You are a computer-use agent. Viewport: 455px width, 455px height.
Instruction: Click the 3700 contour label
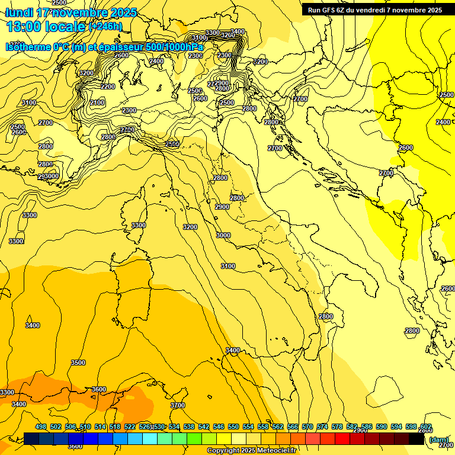[x=178, y=405]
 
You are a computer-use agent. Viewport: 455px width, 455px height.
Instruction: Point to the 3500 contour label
[x=78, y=363]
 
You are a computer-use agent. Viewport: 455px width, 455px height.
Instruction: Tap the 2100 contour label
[x=98, y=102]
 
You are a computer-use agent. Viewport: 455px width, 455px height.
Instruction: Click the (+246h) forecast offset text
[x=105, y=26]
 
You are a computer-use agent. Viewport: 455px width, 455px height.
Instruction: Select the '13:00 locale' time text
[x=46, y=26]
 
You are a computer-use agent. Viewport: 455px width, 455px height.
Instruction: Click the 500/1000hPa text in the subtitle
[x=175, y=47]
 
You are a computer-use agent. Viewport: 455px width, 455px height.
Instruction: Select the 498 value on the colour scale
[x=41, y=427]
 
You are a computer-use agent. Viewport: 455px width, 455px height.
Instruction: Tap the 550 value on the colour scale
[x=233, y=427]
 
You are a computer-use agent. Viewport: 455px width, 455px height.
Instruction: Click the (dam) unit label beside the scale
[x=438, y=440]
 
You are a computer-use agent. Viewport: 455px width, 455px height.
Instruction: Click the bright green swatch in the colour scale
[x=194, y=439]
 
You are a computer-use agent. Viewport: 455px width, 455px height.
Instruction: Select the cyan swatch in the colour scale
[x=150, y=439]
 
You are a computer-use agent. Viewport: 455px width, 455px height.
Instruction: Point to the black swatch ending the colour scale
[x=416, y=439]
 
